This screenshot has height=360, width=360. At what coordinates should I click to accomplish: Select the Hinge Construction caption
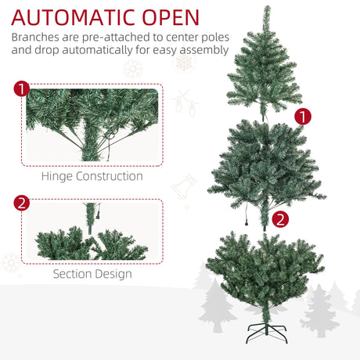point(92,176)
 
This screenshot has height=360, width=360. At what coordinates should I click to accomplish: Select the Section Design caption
point(92,274)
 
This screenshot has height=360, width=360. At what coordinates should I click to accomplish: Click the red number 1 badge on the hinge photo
point(22,88)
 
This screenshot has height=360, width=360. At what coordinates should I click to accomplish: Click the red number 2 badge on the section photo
point(22,204)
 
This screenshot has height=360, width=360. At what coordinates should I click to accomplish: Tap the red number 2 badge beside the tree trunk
point(281,220)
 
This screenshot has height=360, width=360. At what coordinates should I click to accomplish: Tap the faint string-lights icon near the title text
point(185,102)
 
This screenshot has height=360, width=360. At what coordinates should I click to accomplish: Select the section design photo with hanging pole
point(92,233)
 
